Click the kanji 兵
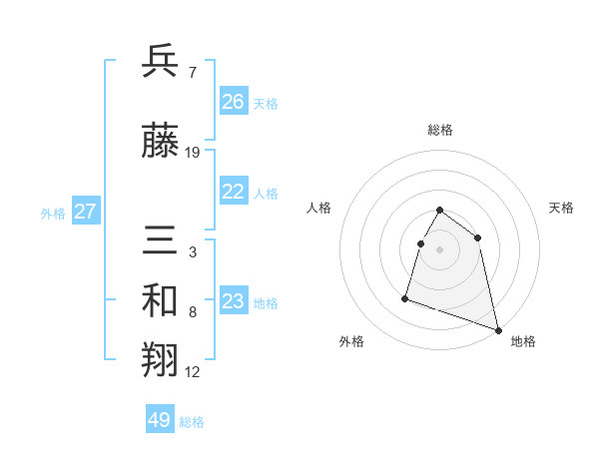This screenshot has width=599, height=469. point(161,61)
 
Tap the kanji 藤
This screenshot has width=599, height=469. point(161,142)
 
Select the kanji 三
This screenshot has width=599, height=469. point(161,242)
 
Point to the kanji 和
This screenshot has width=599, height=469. point(161,302)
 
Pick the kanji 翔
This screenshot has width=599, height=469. point(161,362)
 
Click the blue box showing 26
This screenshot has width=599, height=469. point(234,102)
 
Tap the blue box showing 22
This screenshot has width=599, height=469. point(234,193)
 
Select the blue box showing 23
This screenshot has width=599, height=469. point(234,302)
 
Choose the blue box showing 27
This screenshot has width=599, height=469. point(85,212)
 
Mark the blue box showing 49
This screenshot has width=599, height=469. point(160,420)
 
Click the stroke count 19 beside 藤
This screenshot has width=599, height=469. point(193,153)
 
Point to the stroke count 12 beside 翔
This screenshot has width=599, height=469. point(193,372)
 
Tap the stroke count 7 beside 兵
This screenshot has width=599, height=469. point(192,72)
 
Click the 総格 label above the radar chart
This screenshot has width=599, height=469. point(440,130)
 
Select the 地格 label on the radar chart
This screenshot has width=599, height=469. point(523,341)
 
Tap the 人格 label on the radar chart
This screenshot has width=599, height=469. point(319,208)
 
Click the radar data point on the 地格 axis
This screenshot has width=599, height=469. point(499,330)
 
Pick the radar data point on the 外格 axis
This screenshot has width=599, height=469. point(405,297)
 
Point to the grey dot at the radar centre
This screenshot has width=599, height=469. point(440,249)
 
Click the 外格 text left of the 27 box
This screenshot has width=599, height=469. point(53,213)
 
